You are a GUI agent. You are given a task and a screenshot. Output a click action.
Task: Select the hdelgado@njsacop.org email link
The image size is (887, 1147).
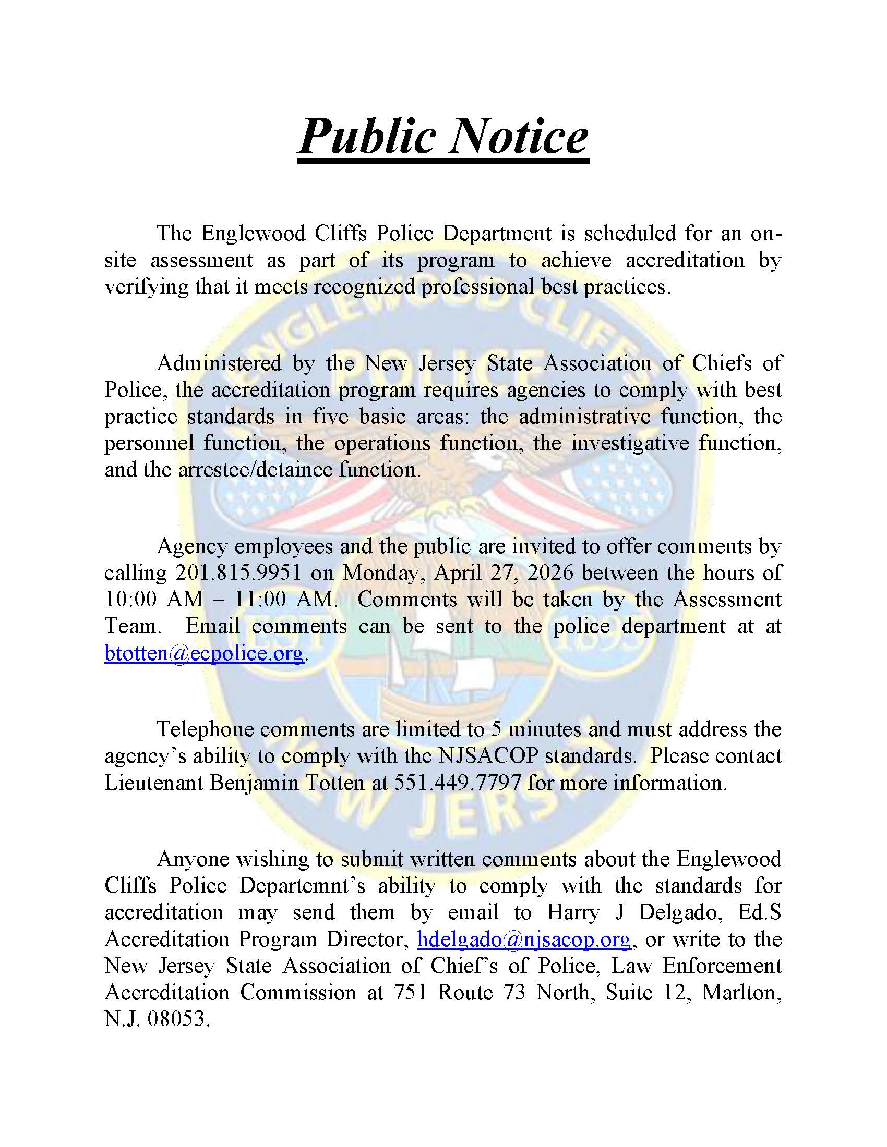point(524,938)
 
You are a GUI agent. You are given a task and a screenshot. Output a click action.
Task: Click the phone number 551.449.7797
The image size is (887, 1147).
point(455,783)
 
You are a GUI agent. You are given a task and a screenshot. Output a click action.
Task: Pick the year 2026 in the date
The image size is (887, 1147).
point(550,573)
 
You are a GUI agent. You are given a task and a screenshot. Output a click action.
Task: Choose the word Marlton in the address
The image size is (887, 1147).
point(739,992)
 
